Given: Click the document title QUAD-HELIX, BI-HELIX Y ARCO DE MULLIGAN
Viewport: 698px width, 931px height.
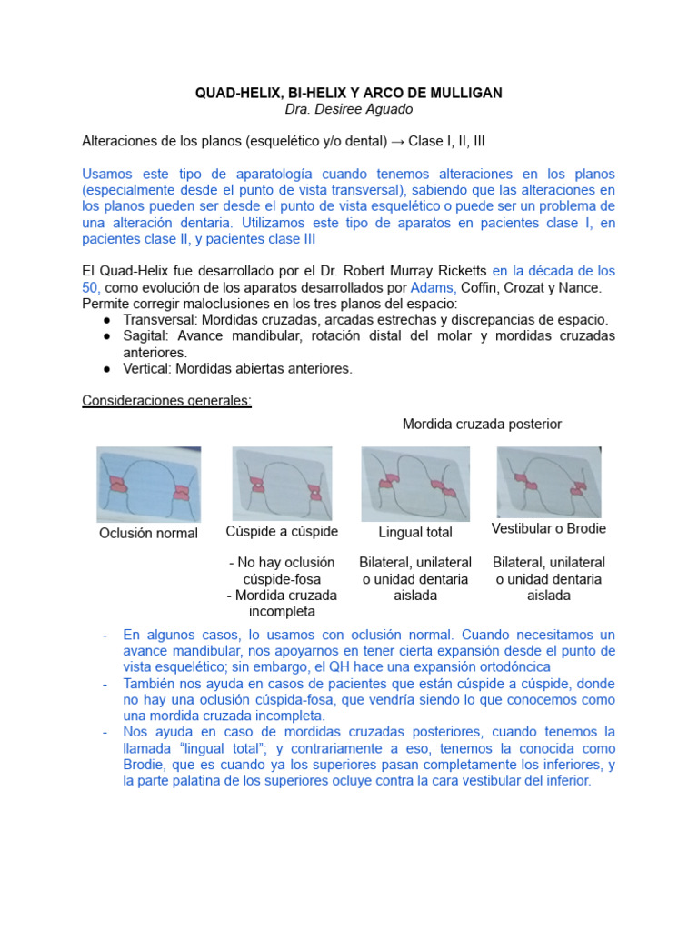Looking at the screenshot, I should [349, 94].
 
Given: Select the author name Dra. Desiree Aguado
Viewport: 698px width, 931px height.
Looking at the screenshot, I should [349, 110].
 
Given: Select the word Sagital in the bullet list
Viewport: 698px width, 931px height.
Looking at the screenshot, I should [145, 336].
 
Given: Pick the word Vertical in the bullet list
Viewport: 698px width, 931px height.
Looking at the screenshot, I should [146, 368].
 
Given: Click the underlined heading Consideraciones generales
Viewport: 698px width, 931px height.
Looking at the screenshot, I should [166, 401].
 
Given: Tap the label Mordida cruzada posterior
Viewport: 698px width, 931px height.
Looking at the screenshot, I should [482, 425].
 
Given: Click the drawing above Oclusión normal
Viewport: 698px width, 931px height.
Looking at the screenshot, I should [149, 484].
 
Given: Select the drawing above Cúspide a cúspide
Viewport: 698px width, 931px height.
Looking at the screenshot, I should [282, 484].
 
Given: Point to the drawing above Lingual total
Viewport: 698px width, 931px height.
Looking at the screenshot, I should [415, 484].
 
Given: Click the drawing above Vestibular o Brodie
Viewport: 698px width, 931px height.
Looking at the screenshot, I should [548, 482].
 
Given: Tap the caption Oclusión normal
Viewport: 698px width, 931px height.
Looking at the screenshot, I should [148, 533].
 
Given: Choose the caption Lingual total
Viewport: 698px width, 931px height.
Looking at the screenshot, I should [415, 532].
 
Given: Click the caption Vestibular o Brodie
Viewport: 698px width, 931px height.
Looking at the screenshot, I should [548, 529].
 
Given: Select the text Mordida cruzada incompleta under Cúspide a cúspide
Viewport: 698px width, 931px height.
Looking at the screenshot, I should [282, 603].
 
